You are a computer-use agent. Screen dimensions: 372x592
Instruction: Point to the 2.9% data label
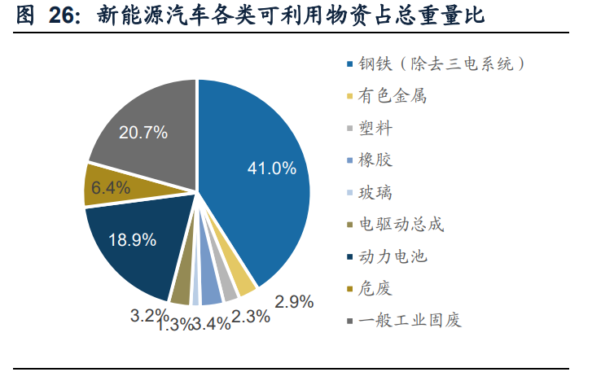(x=294, y=302)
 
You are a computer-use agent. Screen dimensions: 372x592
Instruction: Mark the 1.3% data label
(x=175, y=326)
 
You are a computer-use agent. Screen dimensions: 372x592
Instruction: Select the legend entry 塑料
(x=379, y=128)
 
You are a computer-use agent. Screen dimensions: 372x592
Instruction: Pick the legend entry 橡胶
(x=379, y=160)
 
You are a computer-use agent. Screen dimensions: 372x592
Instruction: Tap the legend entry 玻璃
(x=379, y=192)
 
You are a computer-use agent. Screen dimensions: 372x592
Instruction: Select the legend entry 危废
(x=379, y=288)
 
